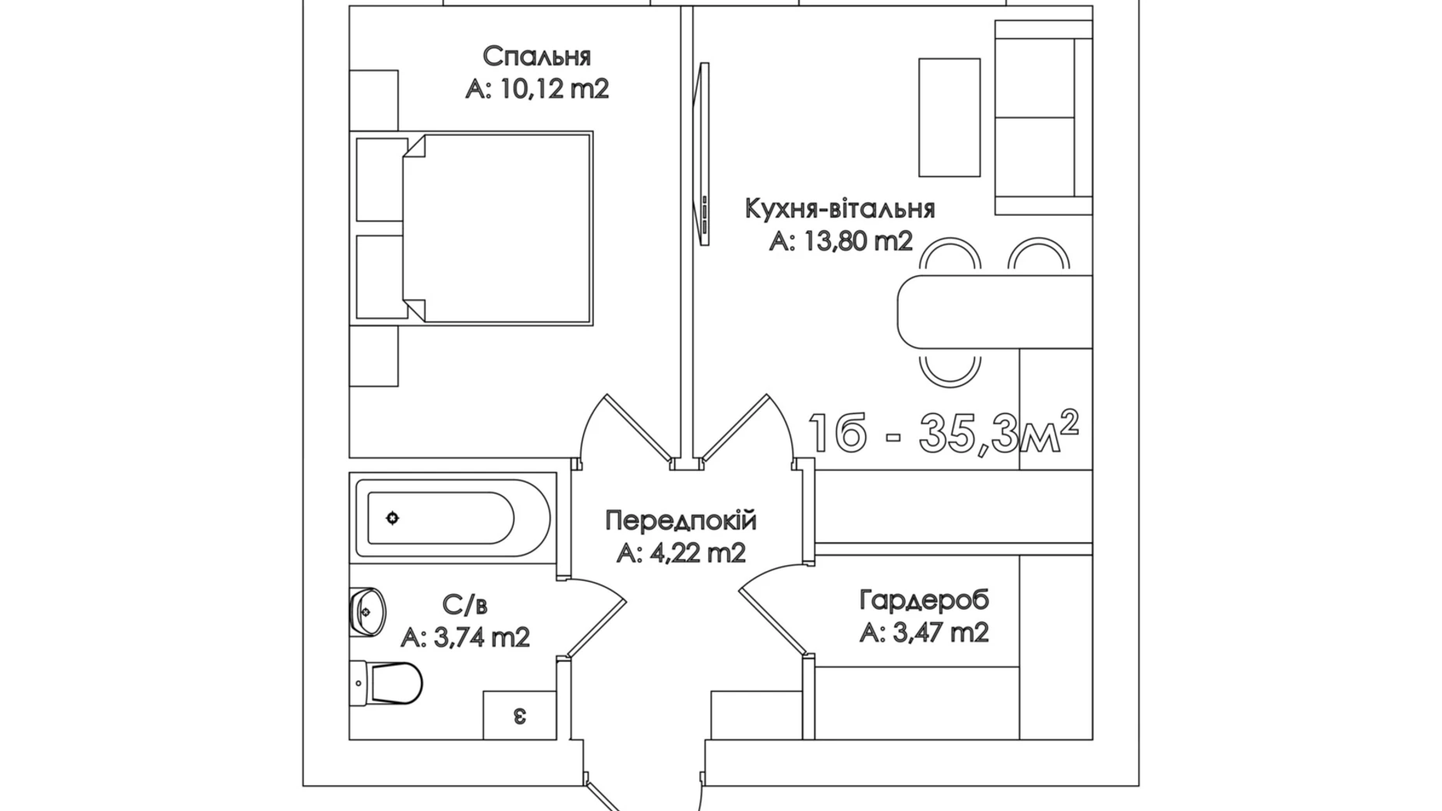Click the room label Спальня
tap(536, 57)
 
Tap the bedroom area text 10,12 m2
tap(553, 89)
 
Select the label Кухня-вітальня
tap(839, 209)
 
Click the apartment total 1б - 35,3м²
tap(943, 432)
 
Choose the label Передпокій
tap(680, 520)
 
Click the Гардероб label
tap(924, 600)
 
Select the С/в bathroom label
tap(465, 604)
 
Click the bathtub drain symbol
tap(392, 518)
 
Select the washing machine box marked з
tap(519, 715)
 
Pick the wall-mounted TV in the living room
tap(702, 154)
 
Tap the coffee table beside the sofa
tap(949, 118)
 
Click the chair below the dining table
tap(949, 367)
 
